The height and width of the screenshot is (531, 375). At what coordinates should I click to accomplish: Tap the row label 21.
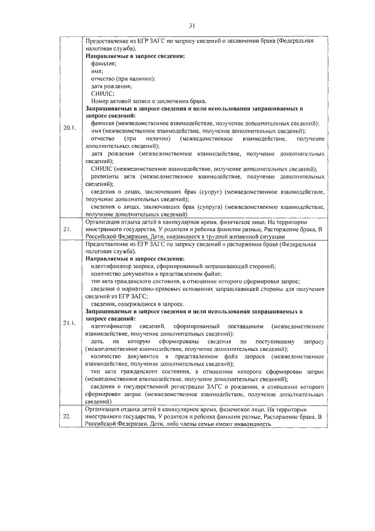point(67,229)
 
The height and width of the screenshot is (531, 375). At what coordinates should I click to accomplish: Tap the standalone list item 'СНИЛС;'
point(103,93)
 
